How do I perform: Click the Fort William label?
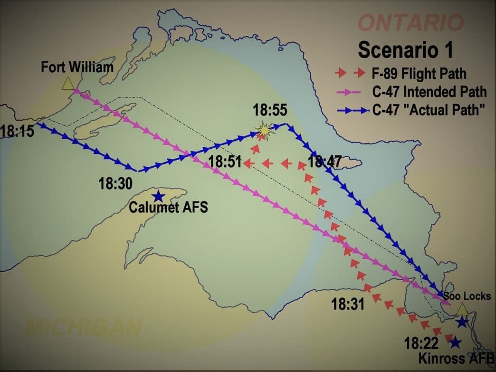point(77,67)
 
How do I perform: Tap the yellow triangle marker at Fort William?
point(68,84)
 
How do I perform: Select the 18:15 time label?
point(17,131)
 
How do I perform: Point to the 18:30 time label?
point(115,183)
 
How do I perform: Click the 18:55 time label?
point(270,110)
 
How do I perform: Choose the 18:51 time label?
point(225,162)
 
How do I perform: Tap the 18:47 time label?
point(324,162)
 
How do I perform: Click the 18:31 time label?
point(348,304)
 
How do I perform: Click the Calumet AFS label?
point(169,208)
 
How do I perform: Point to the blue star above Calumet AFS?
point(158,196)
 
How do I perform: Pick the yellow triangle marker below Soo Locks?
point(463,309)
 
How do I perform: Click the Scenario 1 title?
point(405,49)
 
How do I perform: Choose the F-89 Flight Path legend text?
point(419,74)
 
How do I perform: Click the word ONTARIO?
point(410,22)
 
